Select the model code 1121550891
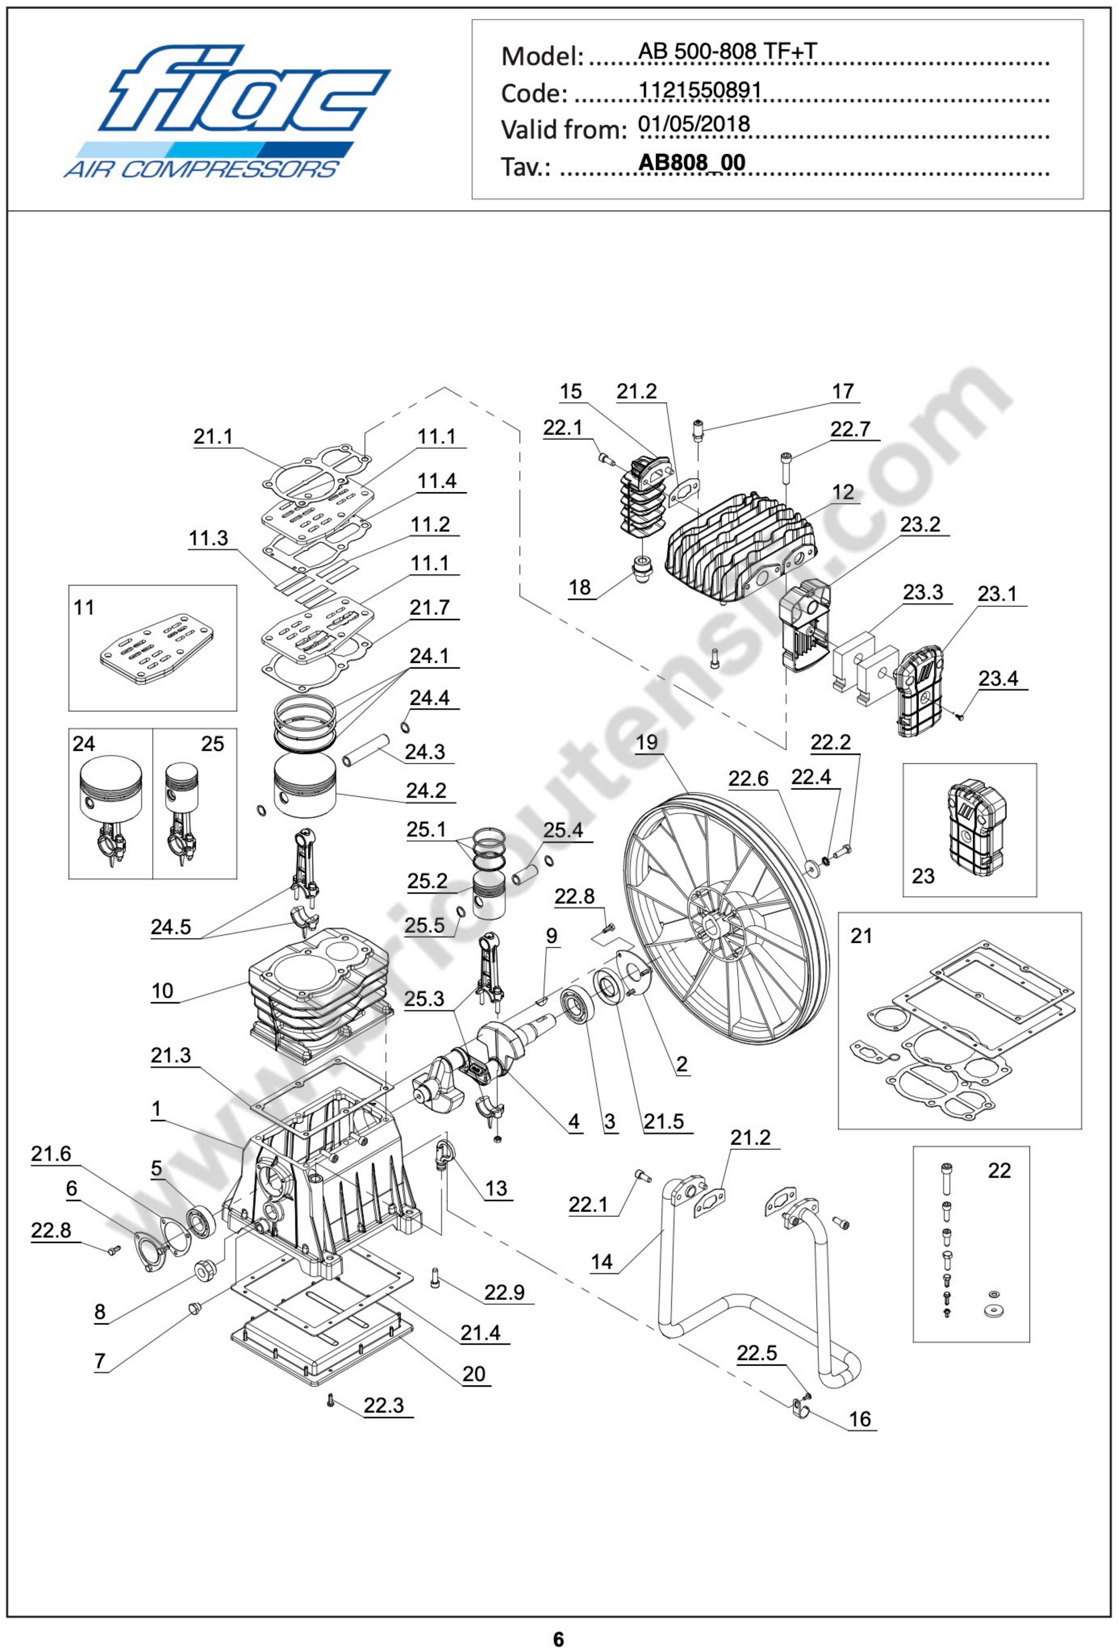click(x=700, y=91)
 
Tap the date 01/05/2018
click(x=693, y=125)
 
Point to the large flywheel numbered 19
click(x=727, y=918)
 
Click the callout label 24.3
click(x=425, y=752)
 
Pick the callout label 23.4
click(x=998, y=679)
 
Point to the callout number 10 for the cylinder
click(x=162, y=991)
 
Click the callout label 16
click(x=859, y=1419)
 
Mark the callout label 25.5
click(x=424, y=925)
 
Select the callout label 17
click(x=842, y=391)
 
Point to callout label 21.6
click(x=51, y=1154)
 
